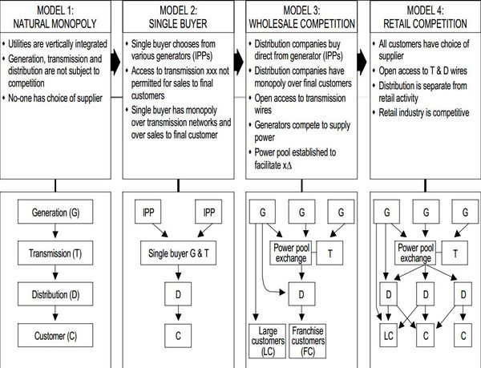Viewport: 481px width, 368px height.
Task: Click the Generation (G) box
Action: (x=55, y=215)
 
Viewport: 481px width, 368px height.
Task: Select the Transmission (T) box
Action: (x=55, y=255)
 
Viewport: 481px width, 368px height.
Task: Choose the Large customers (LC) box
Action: (x=265, y=340)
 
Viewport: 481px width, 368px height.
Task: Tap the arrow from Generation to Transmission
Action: (x=55, y=234)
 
